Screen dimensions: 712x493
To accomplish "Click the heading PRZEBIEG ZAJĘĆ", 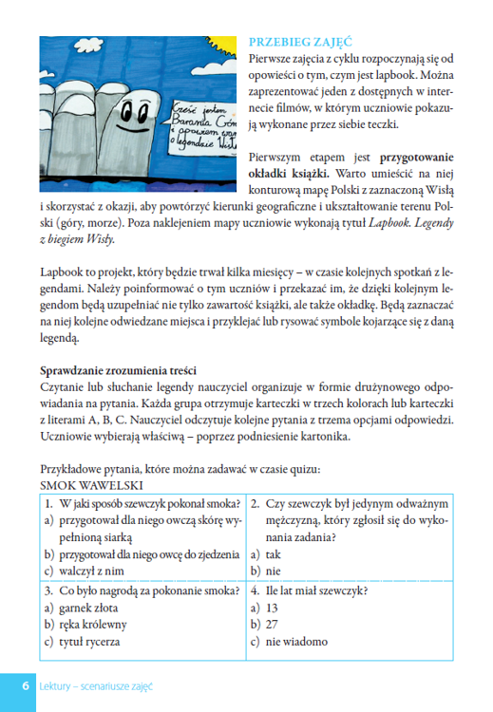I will point(299,42).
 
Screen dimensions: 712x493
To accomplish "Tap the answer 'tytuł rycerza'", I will point(94,642).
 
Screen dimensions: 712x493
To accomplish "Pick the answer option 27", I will point(272,624).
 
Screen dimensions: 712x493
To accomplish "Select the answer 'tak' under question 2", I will point(274,554).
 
